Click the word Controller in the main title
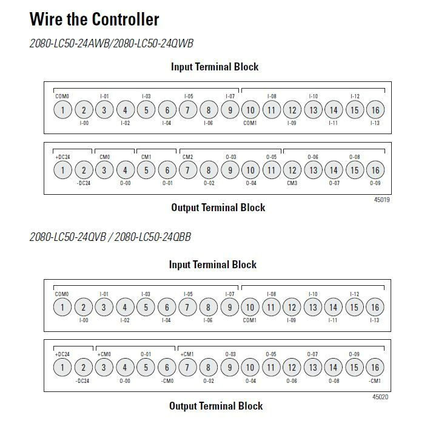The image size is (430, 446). click(126, 19)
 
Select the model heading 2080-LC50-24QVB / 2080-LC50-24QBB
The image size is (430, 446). click(110, 237)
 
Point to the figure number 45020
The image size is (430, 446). click(381, 397)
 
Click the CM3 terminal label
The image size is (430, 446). click(292, 183)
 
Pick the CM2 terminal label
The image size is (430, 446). click(187, 157)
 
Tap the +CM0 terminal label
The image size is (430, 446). click(104, 354)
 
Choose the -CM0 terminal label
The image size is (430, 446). click(167, 381)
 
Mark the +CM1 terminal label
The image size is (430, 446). click(187, 354)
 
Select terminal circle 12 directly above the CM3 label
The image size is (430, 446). click(292, 171)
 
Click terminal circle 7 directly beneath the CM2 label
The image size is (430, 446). click(187, 171)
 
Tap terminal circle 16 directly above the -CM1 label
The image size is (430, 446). click(375, 368)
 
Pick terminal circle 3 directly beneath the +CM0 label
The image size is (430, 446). click(104, 368)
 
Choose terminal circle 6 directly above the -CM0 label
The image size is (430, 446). click(167, 368)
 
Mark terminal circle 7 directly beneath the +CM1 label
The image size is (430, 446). click(187, 368)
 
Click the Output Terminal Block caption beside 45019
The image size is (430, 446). click(218, 208)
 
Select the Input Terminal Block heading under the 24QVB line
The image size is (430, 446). click(213, 265)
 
